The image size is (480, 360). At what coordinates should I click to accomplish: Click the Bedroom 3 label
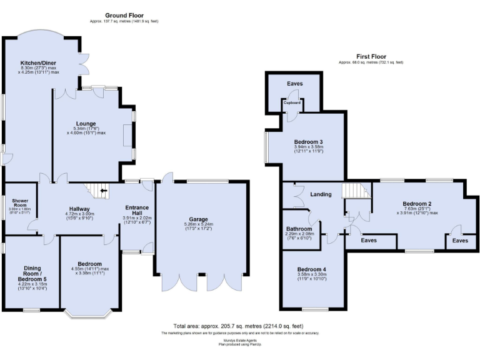click(309, 142)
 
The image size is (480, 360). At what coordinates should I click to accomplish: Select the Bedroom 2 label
click(417, 204)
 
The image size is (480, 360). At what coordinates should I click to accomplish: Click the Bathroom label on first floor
click(299, 229)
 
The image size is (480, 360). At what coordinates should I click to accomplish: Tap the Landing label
click(321, 194)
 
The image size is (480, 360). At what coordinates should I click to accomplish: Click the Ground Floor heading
click(123, 15)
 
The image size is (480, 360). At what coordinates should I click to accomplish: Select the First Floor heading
click(371, 56)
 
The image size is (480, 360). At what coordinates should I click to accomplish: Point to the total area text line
click(237, 326)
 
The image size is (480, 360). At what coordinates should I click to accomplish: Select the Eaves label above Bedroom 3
click(295, 84)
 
